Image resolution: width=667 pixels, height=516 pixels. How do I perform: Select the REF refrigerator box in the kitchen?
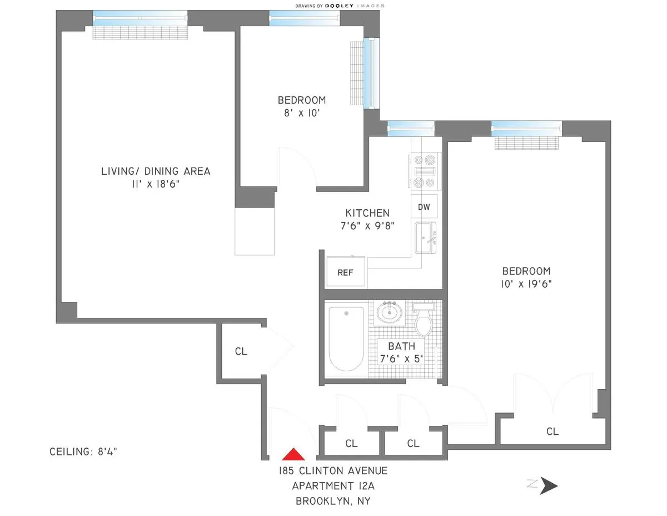[345, 273]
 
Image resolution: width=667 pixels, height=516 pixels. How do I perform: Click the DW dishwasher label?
[424, 207]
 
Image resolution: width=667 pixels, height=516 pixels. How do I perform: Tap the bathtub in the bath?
[346, 338]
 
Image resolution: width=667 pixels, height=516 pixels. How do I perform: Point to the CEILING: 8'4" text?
[83, 452]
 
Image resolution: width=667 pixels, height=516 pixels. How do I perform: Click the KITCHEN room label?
[367, 213]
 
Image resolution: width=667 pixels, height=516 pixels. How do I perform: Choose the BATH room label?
[401, 346]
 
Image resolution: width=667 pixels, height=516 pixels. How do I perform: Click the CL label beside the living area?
[241, 352]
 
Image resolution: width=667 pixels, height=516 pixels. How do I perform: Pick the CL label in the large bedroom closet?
[552, 431]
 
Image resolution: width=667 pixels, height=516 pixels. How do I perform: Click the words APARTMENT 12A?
[333, 486]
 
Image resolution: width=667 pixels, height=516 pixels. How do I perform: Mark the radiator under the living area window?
[142, 33]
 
